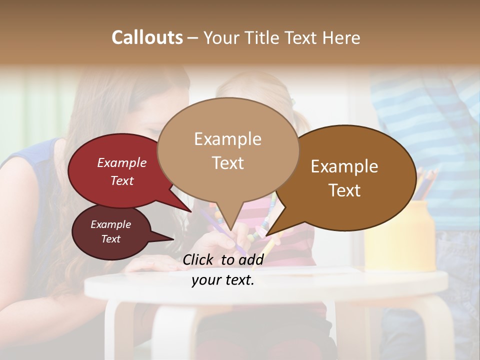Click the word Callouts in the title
coord(147,37)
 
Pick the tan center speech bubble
coord(228,150)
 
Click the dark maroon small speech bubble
coord(110,232)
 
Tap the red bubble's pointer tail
coord(182,204)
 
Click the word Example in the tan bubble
coord(227,139)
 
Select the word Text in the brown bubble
coord(345,190)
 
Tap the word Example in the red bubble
coord(121,162)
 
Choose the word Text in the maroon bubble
coord(110,239)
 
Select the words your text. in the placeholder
coord(223,280)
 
